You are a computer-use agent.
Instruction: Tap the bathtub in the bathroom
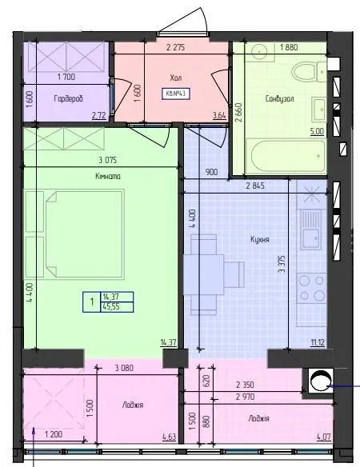tap(287, 157)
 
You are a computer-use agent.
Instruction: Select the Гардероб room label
tap(68, 98)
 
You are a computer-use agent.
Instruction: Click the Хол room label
tap(175, 78)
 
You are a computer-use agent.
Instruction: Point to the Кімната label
tap(108, 176)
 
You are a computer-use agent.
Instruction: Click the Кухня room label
tap(260, 239)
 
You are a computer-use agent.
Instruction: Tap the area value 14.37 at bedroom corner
tap(168, 343)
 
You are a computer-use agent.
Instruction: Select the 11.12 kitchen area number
tap(318, 343)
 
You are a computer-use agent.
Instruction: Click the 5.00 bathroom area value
tap(317, 131)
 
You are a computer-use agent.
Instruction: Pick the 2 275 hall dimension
tap(175, 47)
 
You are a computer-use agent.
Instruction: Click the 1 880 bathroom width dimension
tap(289, 47)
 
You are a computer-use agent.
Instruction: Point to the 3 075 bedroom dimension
tap(107, 160)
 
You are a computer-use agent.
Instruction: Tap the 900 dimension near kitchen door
tap(211, 172)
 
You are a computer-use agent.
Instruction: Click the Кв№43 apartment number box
tap(175, 94)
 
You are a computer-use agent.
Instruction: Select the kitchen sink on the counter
tap(311, 230)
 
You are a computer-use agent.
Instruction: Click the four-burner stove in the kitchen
tap(312, 288)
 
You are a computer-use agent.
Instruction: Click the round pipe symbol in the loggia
tap(321, 381)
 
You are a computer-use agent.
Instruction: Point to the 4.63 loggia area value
tap(170, 437)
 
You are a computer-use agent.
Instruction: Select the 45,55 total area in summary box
tap(111, 307)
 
